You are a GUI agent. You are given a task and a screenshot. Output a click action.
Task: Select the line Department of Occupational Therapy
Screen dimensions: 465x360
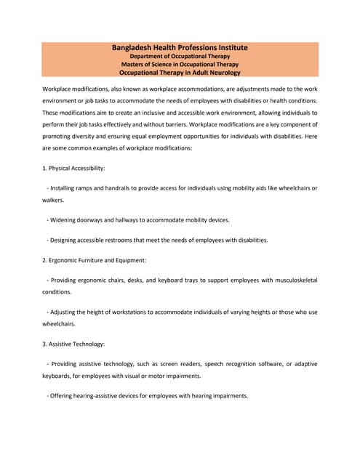click(180, 56)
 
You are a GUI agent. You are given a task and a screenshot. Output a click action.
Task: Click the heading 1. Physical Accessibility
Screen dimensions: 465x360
click(73, 168)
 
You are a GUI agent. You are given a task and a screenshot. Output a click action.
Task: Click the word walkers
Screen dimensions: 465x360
click(53, 199)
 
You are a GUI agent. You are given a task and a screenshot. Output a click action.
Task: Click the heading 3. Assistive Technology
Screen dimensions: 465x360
click(73, 344)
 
